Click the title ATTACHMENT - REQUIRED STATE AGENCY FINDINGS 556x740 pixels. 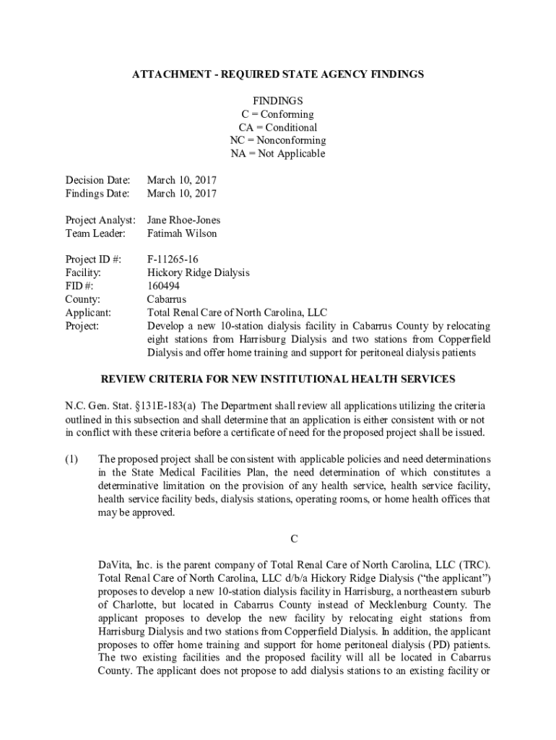coord(277,74)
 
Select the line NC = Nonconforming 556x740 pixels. coord(278,140)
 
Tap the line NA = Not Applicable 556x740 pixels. coord(278,153)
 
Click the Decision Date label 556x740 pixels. coord(97,180)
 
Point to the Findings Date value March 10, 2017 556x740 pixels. coord(181,193)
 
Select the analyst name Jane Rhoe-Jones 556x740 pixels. coord(183,220)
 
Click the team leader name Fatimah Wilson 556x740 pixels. coord(181,233)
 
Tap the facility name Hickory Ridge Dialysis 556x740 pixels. coord(198,272)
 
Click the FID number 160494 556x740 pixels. coord(163,285)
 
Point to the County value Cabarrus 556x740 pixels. coord(166,298)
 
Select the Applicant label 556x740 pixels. coord(88,312)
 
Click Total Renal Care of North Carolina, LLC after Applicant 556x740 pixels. coord(237,312)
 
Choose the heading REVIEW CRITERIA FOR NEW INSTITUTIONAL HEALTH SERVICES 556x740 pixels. coord(277,379)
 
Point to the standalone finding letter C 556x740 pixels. coord(294,538)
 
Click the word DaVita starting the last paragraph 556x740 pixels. coord(116,564)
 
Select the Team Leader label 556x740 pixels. coord(95,233)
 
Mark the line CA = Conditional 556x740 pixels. coord(278,127)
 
